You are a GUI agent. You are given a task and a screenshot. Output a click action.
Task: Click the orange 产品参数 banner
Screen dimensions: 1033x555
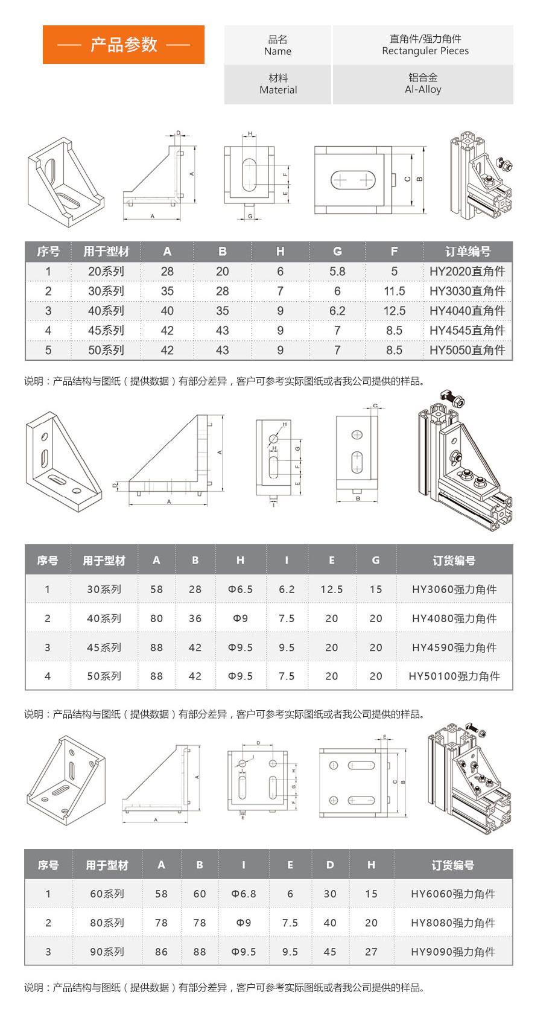(124, 45)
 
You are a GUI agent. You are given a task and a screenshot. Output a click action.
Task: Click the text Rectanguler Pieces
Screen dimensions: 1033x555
(425, 51)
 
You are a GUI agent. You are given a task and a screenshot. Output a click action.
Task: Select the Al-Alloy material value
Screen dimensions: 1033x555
(423, 89)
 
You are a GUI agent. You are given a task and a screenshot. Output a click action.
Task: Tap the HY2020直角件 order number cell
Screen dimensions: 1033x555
(467, 272)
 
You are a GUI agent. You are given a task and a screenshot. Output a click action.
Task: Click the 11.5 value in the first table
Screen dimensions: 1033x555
(394, 291)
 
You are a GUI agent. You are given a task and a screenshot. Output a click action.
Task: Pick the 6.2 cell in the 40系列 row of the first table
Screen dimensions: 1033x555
(337, 311)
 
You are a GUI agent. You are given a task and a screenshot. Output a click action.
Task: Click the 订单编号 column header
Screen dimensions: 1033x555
(468, 252)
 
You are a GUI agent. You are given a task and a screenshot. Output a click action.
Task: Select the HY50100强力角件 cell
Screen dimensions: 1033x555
(454, 676)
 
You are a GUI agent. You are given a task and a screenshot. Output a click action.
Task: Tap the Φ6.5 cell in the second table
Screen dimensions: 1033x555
(240, 590)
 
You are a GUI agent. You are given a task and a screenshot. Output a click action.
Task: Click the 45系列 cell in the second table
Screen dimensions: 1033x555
(104, 647)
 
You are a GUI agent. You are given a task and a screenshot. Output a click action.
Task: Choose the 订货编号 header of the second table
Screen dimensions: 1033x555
(454, 561)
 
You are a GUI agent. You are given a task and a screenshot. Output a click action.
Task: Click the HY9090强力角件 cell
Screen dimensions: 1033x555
(452, 952)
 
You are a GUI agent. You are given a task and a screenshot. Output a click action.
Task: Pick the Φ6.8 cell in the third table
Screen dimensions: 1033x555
(244, 894)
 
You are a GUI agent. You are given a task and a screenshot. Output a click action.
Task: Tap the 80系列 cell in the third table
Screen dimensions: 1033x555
(107, 923)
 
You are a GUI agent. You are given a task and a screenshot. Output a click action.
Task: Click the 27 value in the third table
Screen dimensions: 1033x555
(371, 952)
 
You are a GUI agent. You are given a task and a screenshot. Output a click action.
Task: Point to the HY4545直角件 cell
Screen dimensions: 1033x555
(467, 331)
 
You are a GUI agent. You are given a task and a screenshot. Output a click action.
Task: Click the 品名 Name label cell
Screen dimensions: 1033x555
(277, 45)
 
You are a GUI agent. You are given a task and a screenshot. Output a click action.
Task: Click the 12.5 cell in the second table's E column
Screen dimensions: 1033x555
(331, 590)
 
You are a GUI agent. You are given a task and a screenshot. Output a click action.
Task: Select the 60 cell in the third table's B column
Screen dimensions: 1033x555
(200, 894)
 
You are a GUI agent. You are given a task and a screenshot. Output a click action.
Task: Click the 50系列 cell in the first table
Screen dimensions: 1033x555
(106, 350)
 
